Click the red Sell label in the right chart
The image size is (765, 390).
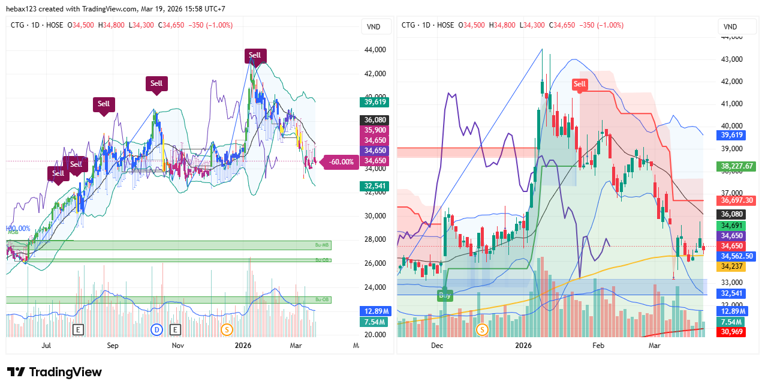(579, 84)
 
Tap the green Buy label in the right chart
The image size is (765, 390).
(445, 295)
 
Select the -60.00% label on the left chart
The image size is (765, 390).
(341, 161)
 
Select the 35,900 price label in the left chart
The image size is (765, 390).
(375, 130)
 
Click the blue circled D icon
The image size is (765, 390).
(157, 329)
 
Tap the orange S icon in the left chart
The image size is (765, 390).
(227, 329)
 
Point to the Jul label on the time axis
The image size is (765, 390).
(46, 346)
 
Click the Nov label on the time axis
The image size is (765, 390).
(177, 346)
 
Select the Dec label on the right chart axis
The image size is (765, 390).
(436, 346)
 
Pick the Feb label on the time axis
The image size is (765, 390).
(598, 346)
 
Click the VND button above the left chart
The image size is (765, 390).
(374, 27)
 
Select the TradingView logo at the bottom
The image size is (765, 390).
(55, 373)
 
